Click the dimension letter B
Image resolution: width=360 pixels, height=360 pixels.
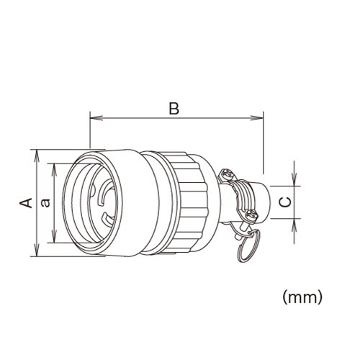point(173,108)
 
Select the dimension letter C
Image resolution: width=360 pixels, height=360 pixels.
point(285,202)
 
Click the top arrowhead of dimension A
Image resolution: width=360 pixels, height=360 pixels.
point(36,153)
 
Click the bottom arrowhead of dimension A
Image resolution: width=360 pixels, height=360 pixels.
point(36,253)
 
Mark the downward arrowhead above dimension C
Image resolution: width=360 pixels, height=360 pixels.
point(295,181)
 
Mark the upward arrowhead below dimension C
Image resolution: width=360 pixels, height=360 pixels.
point(295,224)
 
